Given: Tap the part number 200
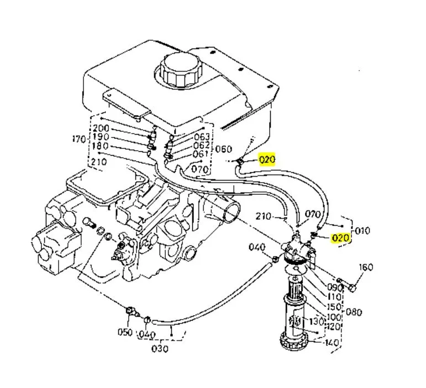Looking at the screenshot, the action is [x=101, y=128].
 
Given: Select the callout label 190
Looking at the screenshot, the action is [x=101, y=137].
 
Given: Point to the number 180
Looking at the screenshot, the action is [x=100, y=146].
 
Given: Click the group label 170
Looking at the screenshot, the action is [x=79, y=139].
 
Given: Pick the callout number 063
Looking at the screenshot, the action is [x=202, y=137].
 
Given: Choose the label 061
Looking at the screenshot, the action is [x=201, y=154].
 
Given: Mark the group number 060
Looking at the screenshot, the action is [x=224, y=149].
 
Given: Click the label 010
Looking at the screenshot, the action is [x=362, y=231].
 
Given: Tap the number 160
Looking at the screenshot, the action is [x=366, y=267].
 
